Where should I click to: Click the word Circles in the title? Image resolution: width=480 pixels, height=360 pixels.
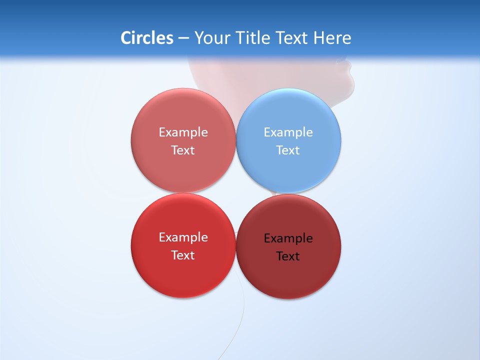coord(146,38)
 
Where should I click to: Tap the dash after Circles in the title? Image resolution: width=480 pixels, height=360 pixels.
coord(183,38)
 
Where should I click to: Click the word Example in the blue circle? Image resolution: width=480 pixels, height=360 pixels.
coord(288,132)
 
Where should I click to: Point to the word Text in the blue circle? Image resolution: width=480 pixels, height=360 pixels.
coord(288,150)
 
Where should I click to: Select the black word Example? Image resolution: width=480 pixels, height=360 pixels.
coord(288,238)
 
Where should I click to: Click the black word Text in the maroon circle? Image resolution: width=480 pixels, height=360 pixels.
coord(288,256)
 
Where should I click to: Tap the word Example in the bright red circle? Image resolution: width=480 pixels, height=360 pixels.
coord(183,237)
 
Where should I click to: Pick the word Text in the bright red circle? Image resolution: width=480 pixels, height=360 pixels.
coord(183,255)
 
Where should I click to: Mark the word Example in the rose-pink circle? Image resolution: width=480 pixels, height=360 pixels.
coord(183,132)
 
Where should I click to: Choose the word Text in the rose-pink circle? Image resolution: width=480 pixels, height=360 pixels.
coord(183,150)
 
